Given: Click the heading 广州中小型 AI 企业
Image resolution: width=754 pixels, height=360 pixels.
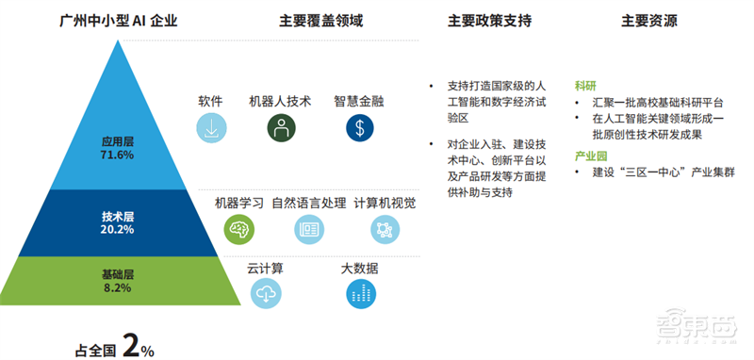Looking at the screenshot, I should coord(117,21).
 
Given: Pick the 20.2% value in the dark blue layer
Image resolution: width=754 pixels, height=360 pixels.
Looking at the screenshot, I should coord(117,229).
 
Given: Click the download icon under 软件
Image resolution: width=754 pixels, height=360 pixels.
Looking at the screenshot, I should coord(211,127).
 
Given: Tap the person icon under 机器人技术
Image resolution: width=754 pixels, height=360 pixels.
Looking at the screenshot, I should coord(279,127).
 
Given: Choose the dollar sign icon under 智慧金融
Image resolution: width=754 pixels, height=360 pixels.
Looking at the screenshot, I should coord(358,127).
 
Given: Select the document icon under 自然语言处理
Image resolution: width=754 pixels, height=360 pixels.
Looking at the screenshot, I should coord(308,227).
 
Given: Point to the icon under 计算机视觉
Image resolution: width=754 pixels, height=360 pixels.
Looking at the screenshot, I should coord(385,227).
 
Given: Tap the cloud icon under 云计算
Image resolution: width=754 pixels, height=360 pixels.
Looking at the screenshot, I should coord(266,294).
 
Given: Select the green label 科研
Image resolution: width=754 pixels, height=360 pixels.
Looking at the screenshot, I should coord(585,84).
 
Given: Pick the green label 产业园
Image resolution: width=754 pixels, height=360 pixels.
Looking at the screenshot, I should coord(591,155).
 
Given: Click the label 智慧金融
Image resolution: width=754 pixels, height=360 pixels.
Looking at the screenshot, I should coord(358,101).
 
